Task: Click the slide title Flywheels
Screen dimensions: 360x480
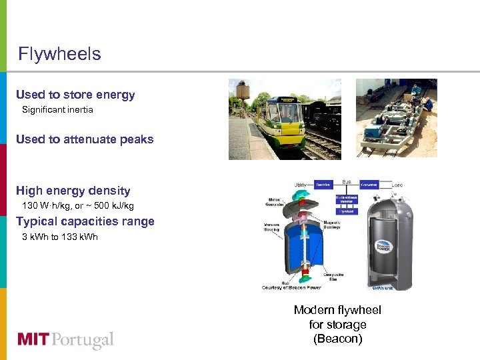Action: pos(59,54)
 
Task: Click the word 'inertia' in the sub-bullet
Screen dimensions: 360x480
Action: pos(79,109)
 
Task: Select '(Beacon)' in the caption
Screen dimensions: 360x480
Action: pos(337,339)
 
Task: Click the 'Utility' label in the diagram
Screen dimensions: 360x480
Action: pos(301,185)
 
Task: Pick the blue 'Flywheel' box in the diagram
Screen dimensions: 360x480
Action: pos(345,211)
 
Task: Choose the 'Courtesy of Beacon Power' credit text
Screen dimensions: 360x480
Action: pos(291,287)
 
